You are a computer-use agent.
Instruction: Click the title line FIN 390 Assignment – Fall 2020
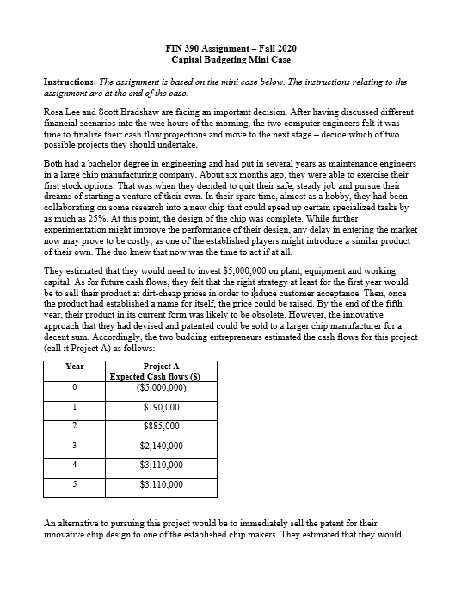[x=224, y=48]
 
